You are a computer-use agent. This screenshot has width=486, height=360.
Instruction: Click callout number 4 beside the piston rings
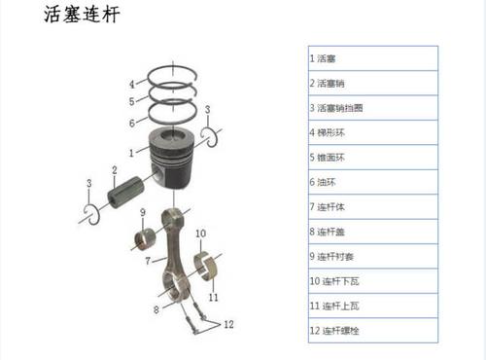coord(132,83)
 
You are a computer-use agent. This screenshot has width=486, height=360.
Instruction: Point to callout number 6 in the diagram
coord(132,124)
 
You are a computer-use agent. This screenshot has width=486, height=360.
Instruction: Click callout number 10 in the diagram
coord(201,234)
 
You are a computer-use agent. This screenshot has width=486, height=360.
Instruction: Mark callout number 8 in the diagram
coord(156,309)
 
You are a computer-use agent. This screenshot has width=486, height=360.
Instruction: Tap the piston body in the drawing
coord(175,161)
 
